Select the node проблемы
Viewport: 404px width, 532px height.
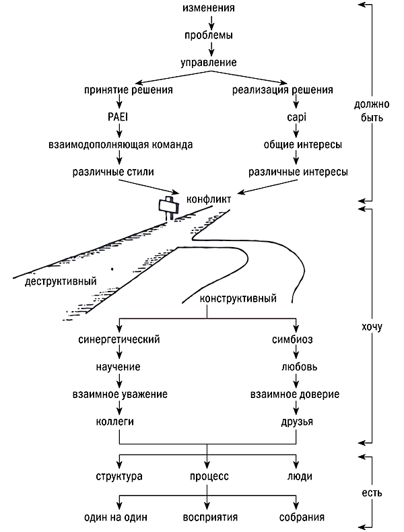tap(211, 35)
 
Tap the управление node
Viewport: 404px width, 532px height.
tap(211, 63)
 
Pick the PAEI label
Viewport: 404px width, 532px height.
tap(120, 117)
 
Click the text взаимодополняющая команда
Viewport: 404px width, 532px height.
tap(120, 145)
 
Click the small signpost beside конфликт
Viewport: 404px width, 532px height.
tap(166, 205)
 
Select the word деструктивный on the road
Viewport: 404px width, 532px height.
tap(61, 280)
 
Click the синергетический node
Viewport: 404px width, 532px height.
tap(119, 339)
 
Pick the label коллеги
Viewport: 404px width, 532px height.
tap(119, 422)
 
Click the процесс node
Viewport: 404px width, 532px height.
tap(206, 476)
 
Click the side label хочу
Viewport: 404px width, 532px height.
tap(370, 328)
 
